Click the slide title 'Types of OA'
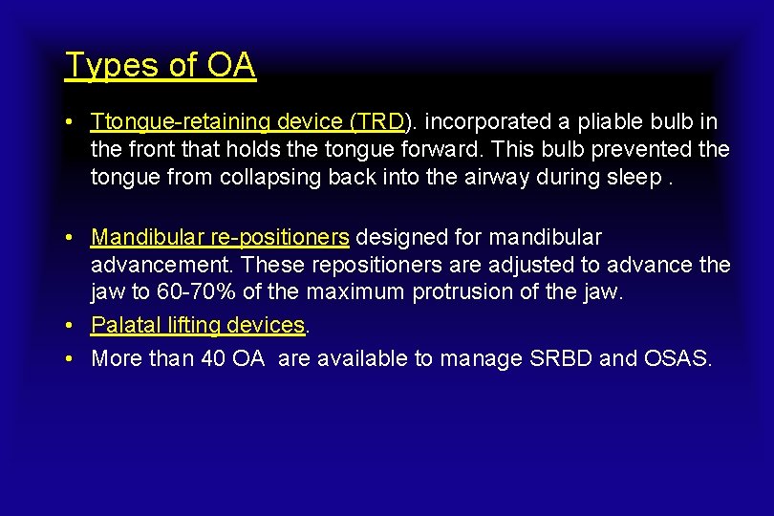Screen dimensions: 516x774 click(160, 65)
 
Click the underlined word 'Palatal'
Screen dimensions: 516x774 click(122, 325)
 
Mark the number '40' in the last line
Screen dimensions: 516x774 click(212, 358)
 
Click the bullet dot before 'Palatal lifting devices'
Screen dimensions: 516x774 click(71, 326)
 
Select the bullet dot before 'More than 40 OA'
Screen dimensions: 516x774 click(71, 359)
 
